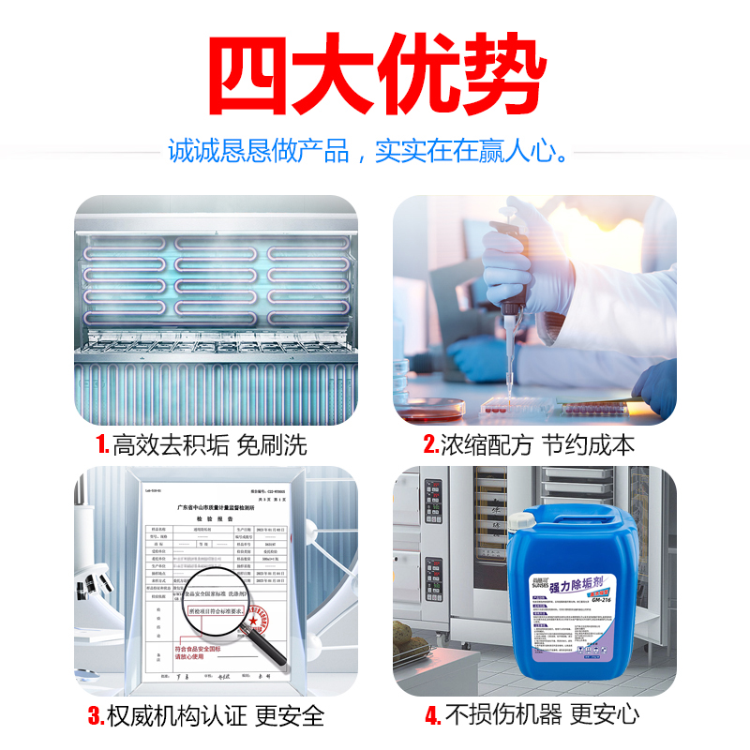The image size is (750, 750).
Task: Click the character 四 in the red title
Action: coord(246,74)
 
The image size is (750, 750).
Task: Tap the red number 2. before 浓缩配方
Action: coord(431,444)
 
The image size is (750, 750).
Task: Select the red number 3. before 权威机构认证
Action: coord(96,716)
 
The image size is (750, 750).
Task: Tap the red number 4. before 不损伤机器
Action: coord(432,716)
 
